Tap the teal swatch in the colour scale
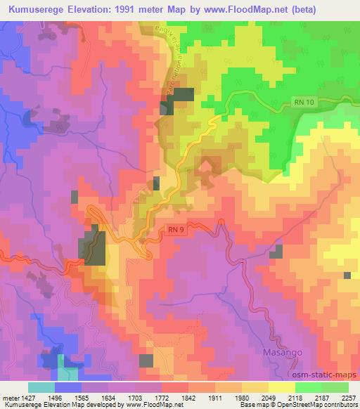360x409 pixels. click(x=41, y=387)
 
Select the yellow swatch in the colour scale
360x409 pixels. click(x=282, y=387)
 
